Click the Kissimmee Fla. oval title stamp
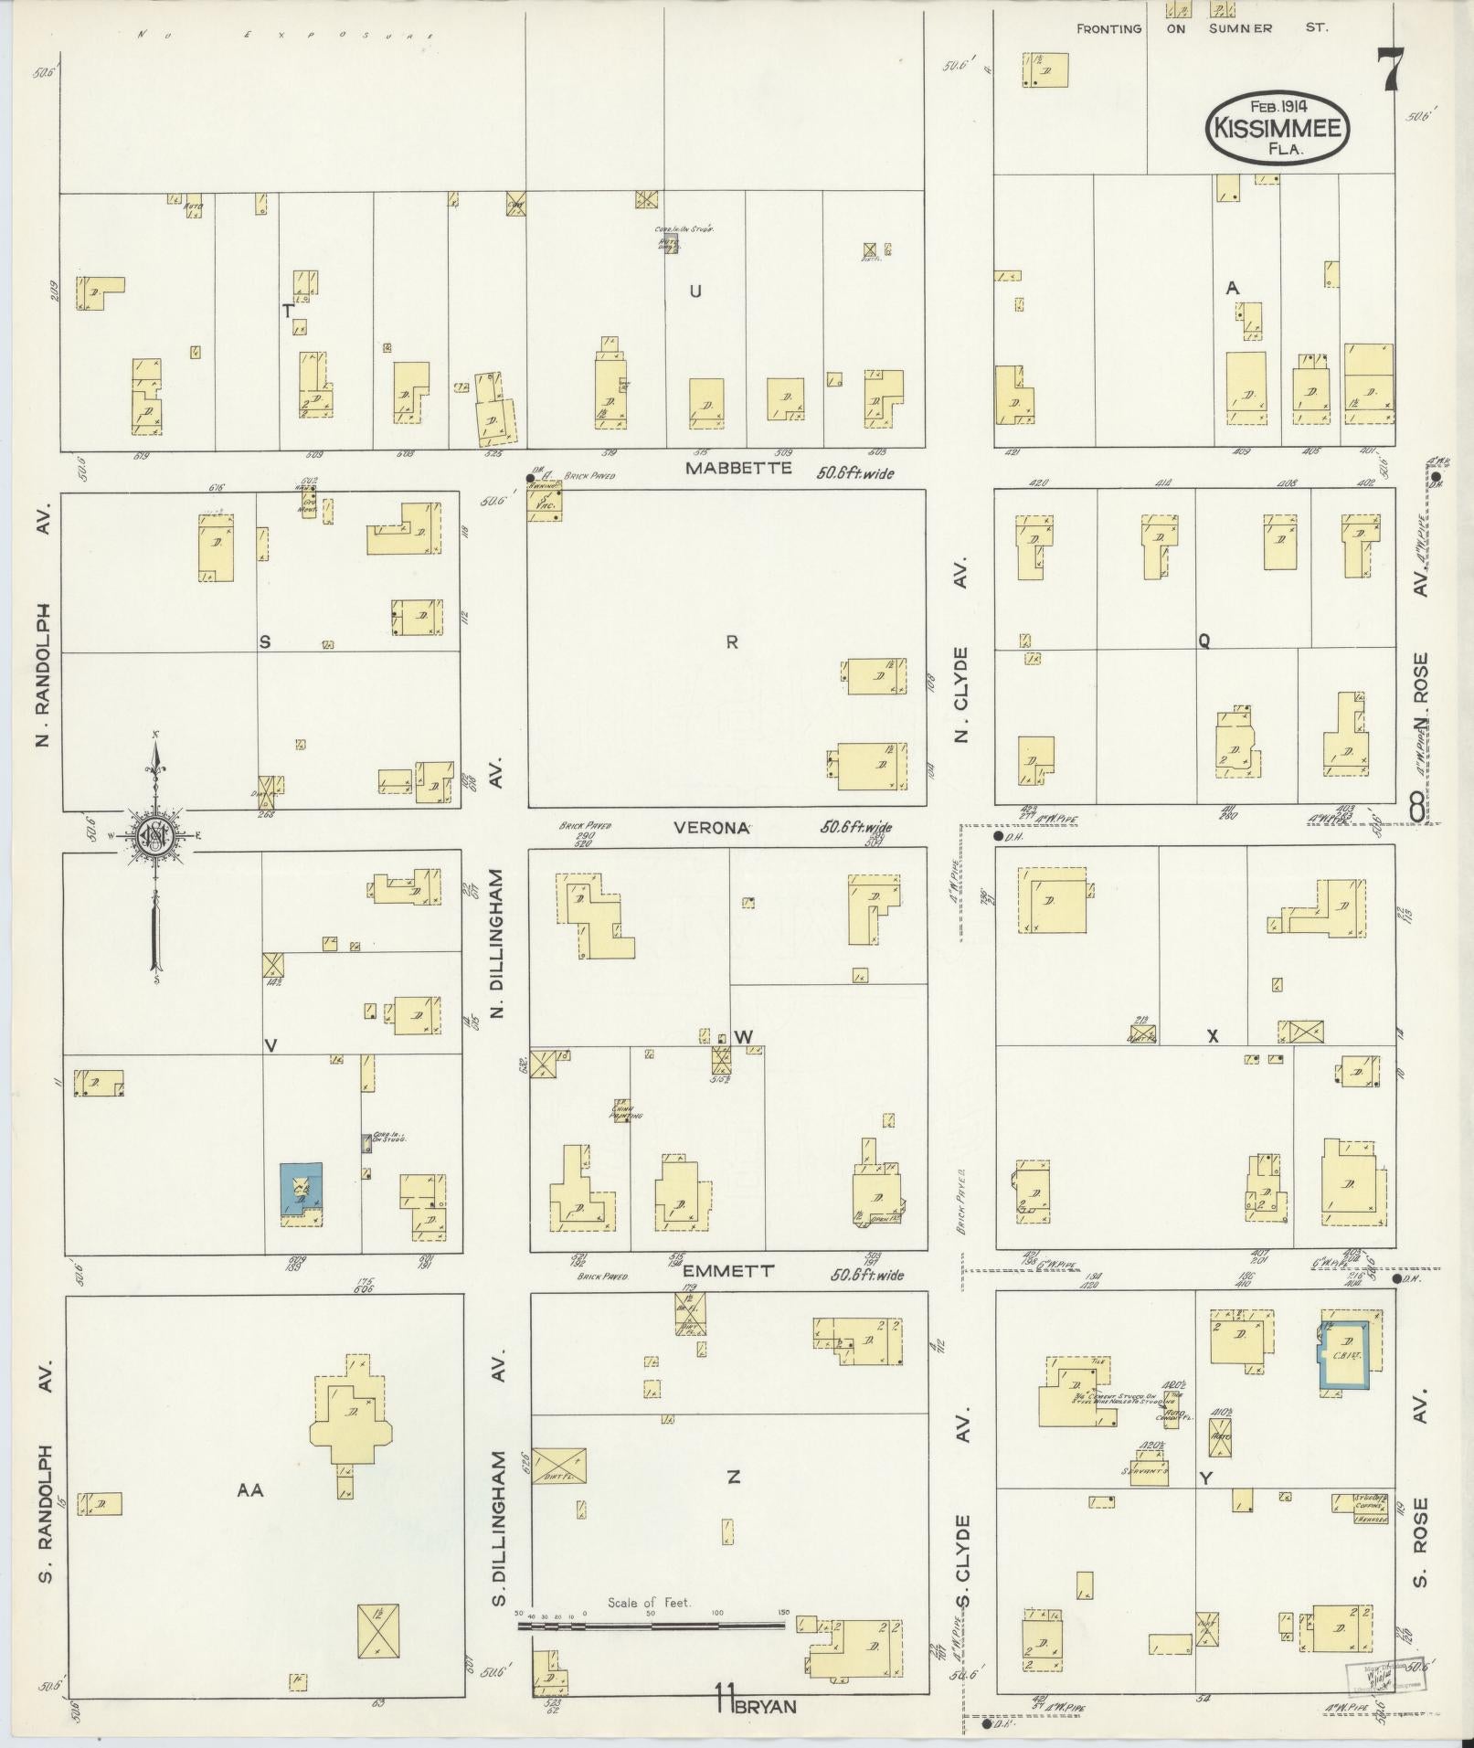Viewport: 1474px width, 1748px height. (1278, 129)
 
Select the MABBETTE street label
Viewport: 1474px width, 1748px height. (740, 468)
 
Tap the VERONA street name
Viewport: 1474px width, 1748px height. (712, 828)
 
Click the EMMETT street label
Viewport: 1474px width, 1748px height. (729, 1271)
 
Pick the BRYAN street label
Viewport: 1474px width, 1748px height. (769, 1705)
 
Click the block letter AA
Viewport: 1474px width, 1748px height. (249, 1489)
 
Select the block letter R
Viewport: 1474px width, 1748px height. (732, 642)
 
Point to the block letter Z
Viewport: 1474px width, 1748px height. (733, 1477)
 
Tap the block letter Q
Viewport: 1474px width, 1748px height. (1204, 641)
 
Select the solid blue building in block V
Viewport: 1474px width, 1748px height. (301, 1188)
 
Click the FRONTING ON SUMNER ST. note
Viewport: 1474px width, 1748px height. (1201, 28)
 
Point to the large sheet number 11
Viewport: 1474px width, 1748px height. (726, 1704)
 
